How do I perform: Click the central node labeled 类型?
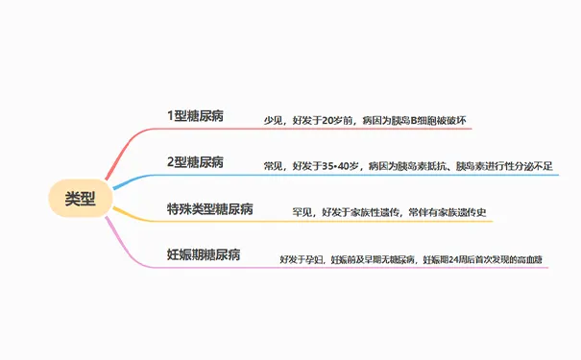(x=81, y=199)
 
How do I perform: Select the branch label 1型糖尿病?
(x=195, y=114)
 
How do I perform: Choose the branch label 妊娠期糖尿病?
(x=204, y=254)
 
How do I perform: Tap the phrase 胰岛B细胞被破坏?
(x=428, y=121)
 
